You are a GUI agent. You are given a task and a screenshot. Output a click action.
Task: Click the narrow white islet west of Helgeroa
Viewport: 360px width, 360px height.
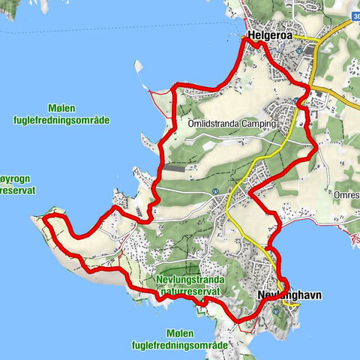click(x=138, y=73)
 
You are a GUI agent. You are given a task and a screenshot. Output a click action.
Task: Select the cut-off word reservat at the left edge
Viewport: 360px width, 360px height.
click(x=10, y=190)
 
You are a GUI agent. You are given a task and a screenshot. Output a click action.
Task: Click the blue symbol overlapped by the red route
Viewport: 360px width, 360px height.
click(x=300, y=101)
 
